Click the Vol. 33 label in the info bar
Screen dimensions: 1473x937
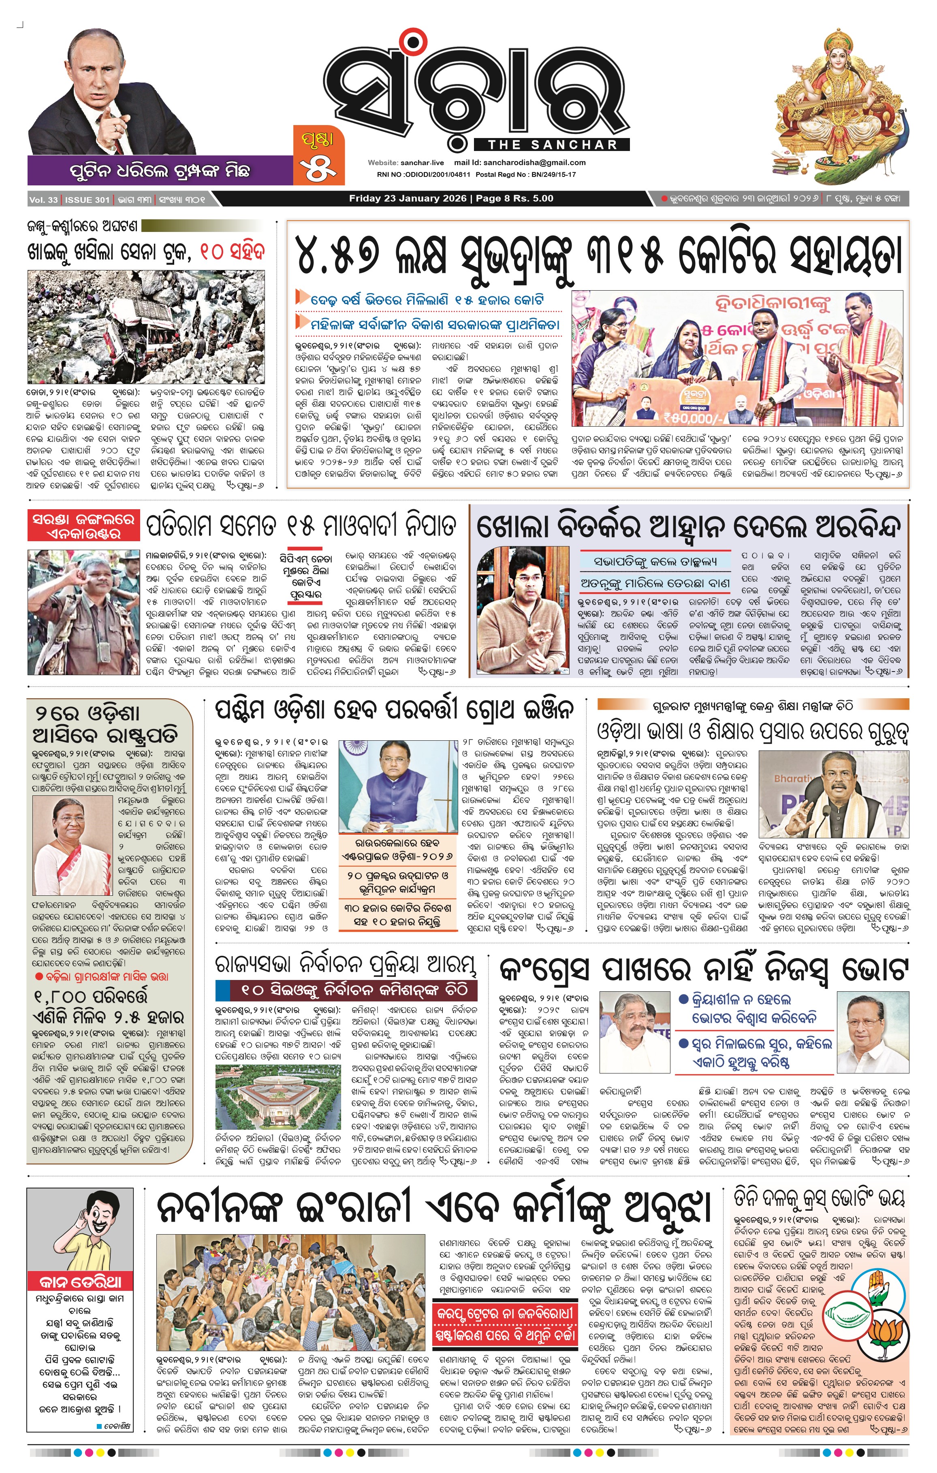[x=43, y=200]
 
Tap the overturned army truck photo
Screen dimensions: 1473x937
[x=146, y=327]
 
